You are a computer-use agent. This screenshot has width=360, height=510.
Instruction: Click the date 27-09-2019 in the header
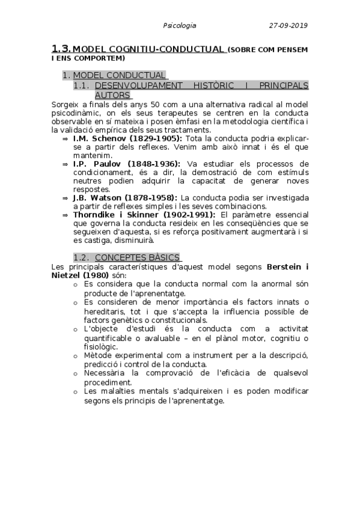[288, 25]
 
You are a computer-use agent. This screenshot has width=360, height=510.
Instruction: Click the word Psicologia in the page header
[180, 25]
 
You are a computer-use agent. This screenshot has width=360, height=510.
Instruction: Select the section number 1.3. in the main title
[61, 49]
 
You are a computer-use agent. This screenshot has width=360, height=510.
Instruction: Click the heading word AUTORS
[113, 95]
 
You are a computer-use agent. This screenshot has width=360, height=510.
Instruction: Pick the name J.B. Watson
[94, 197]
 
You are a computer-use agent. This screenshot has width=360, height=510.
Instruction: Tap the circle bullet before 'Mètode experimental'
[75, 357]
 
